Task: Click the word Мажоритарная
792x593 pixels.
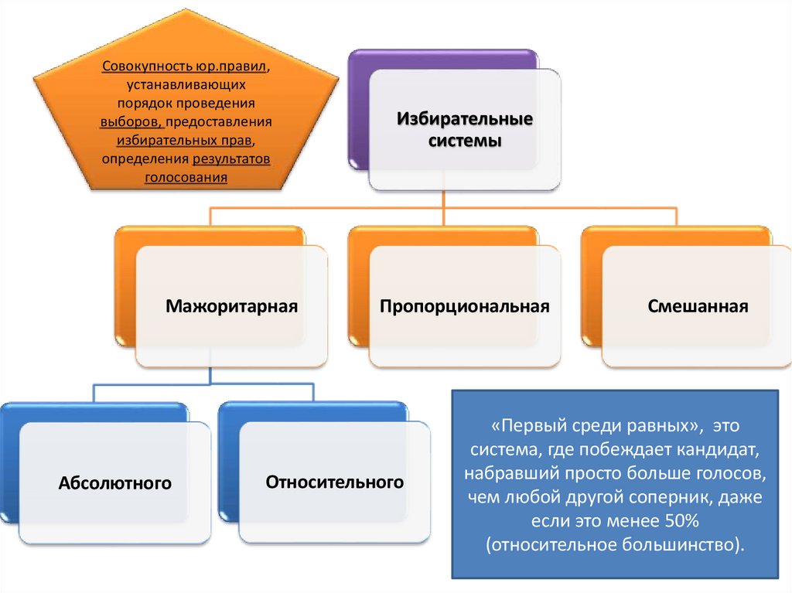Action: [x=231, y=306]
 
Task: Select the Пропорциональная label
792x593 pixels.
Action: [x=464, y=306]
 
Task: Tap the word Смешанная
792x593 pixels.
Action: [x=698, y=306]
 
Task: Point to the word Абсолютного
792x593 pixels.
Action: [x=114, y=485]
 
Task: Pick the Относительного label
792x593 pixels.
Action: [x=335, y=482]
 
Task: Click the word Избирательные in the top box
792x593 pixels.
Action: [x=465, y=121]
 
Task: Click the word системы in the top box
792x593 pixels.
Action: [x=465, y=141]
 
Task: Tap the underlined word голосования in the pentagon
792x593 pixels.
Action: [x=186, y=177]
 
